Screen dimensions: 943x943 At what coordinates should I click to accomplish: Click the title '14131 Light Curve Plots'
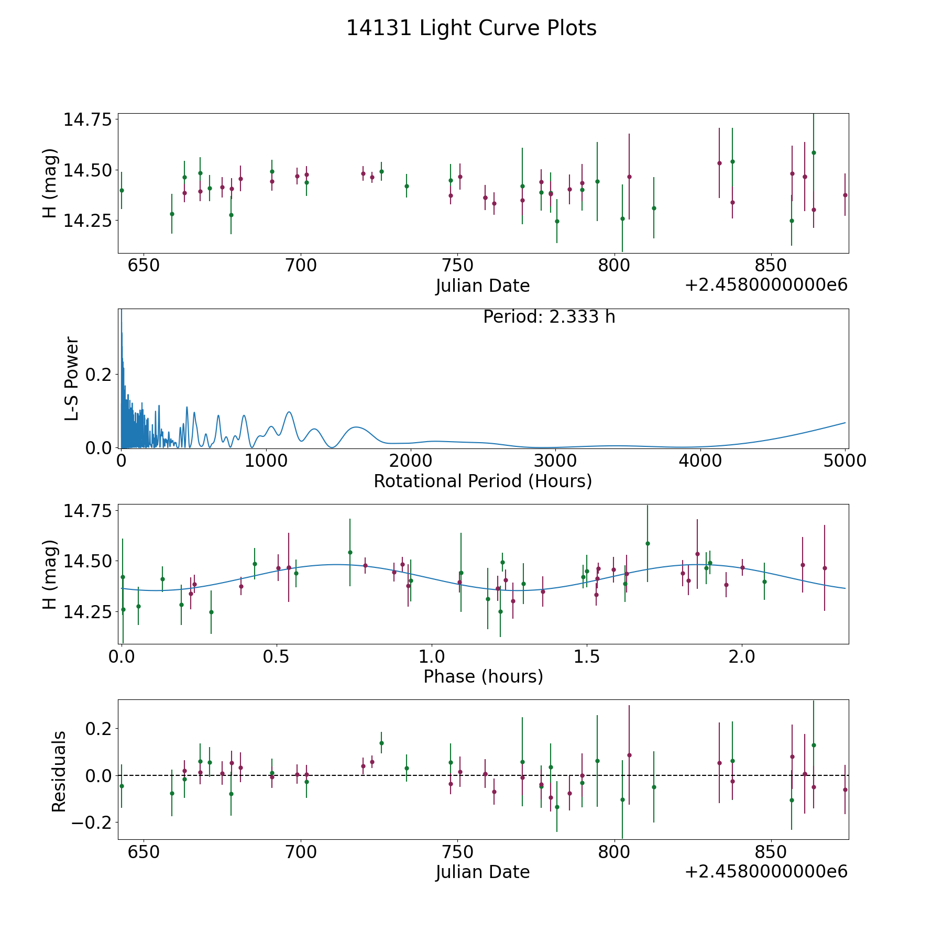point(471,28)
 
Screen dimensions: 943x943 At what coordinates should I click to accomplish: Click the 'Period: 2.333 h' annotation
point(549,317)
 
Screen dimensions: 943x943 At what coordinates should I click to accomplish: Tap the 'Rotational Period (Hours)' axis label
point(483,481)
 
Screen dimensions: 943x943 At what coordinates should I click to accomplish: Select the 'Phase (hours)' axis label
point(483,676)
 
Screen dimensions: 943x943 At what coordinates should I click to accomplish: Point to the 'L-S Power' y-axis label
point(72,379)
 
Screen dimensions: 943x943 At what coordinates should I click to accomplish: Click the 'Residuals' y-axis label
point(59,771)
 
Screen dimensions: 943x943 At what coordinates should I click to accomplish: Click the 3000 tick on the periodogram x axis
point(555,461)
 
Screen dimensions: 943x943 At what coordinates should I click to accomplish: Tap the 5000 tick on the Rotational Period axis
point(845,461)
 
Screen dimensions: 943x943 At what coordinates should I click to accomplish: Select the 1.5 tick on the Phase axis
point(587,656)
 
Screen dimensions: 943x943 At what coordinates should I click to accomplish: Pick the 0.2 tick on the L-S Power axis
point(100,375)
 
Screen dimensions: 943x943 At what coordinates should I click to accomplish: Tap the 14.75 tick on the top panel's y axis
point(88,120)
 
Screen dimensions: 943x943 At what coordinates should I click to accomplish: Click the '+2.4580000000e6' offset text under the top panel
point(766,285)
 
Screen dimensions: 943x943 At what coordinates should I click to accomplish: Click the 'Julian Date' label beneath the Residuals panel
point(483,872)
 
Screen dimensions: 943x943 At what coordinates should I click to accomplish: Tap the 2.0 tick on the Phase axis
point(742,656)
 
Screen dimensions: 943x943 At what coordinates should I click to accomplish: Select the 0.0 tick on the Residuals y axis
point(100,775)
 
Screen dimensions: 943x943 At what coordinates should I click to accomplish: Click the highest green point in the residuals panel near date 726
point(381,743)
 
